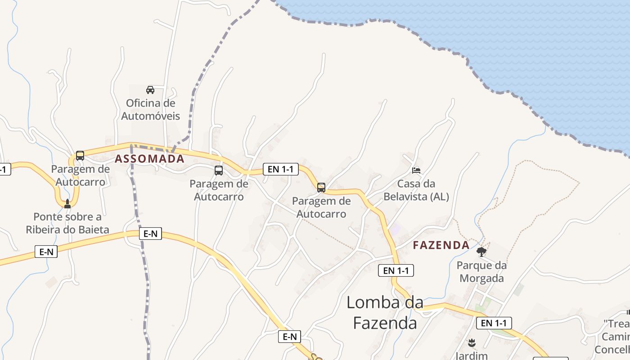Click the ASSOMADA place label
click(149, 159)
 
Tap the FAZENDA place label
click(441, 245)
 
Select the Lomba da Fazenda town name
click(385, 313)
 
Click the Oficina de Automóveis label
click(150, 109)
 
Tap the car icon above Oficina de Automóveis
click(150, 90)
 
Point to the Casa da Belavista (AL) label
click(416, 190)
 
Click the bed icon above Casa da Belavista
click(416, 170)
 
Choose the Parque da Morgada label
click(481, 271)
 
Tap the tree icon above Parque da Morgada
click(481, 252)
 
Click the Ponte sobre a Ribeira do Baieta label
click(67, 223)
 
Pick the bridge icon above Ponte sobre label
click(67, 204)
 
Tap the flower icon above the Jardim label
click(472, 343)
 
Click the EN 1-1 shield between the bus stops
click(280, 169)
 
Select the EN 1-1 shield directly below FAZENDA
click(396, 270)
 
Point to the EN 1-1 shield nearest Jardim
click(494, 323)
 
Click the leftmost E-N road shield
click(46, 252)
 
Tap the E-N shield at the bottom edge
click(289, 337)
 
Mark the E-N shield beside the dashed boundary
click(150, 234)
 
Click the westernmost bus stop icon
click(80, 156)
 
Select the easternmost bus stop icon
click(321, 187)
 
